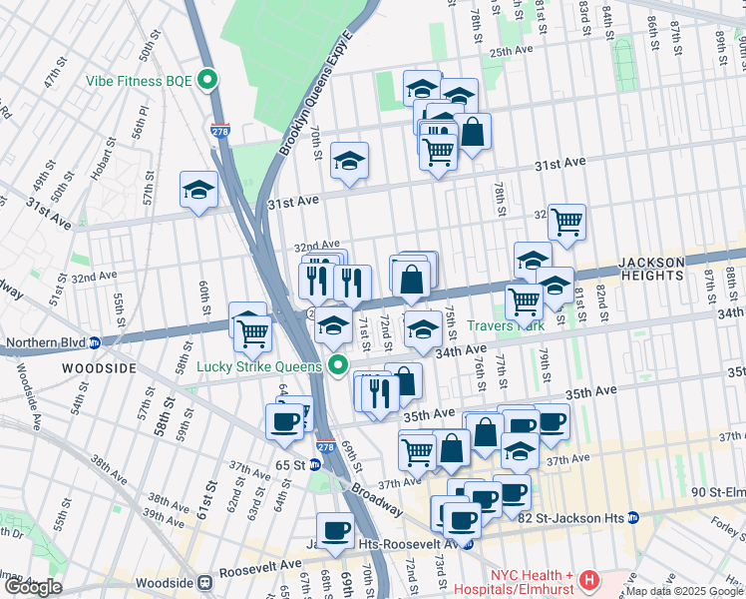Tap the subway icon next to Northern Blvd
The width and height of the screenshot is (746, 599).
[x=95, y=341]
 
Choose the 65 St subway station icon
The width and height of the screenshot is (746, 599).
[x=314, y=465]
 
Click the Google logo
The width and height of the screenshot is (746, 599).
[x=34, y=587]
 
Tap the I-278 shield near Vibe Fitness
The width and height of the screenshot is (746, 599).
[x=219, y=130]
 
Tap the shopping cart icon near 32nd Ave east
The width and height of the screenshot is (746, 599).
[x=566, y=222]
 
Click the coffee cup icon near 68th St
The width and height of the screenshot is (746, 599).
[x=335, y=530]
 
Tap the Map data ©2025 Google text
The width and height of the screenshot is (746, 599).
[x=685, y=591]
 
